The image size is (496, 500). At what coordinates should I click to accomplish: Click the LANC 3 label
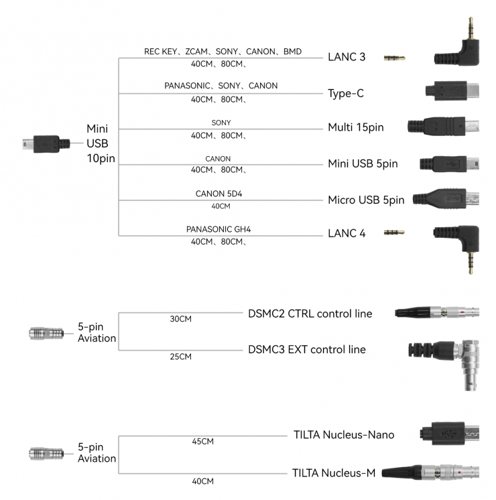click(x=347, y=57)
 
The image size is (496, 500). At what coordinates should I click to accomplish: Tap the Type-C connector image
click(x=452, y=92)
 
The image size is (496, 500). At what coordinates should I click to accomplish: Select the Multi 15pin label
click(x=355, y=127)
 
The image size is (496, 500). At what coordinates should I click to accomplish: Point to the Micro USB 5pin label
click(x=366, y=200)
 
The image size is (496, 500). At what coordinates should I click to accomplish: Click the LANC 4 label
click(x=347, y=233)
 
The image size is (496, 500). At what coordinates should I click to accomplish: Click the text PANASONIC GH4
click(x=219, y=229)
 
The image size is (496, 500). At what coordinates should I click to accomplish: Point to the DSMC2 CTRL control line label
click(x=310, y=314)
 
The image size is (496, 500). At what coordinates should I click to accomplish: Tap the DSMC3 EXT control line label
click(x=307, y=349)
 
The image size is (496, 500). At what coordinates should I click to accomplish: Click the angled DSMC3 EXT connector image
click(x=444, y=362)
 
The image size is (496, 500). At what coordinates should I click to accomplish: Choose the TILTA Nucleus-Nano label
click(x=344, y=435)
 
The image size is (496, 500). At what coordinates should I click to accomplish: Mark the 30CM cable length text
click(x=181, y=319)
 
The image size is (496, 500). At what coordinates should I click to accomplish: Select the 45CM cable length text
click(x=202, y=442)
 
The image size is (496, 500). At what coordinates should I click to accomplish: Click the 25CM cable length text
click(x=181, y=357)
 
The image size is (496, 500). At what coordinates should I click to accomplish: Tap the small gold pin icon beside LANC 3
click(x=394, y=58)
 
